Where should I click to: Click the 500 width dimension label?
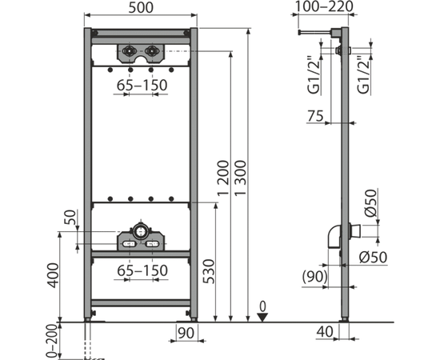[141, 7]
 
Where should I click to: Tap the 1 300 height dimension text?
[241, 178]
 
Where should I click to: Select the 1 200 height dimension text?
[224, 178]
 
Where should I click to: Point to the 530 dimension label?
[209, 272]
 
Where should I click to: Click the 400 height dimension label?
[53, 275]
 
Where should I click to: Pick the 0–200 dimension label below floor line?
[52, 341]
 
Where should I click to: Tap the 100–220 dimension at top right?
[325, 6]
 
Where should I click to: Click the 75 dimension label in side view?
[315, 116]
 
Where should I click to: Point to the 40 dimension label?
[325, 332]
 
